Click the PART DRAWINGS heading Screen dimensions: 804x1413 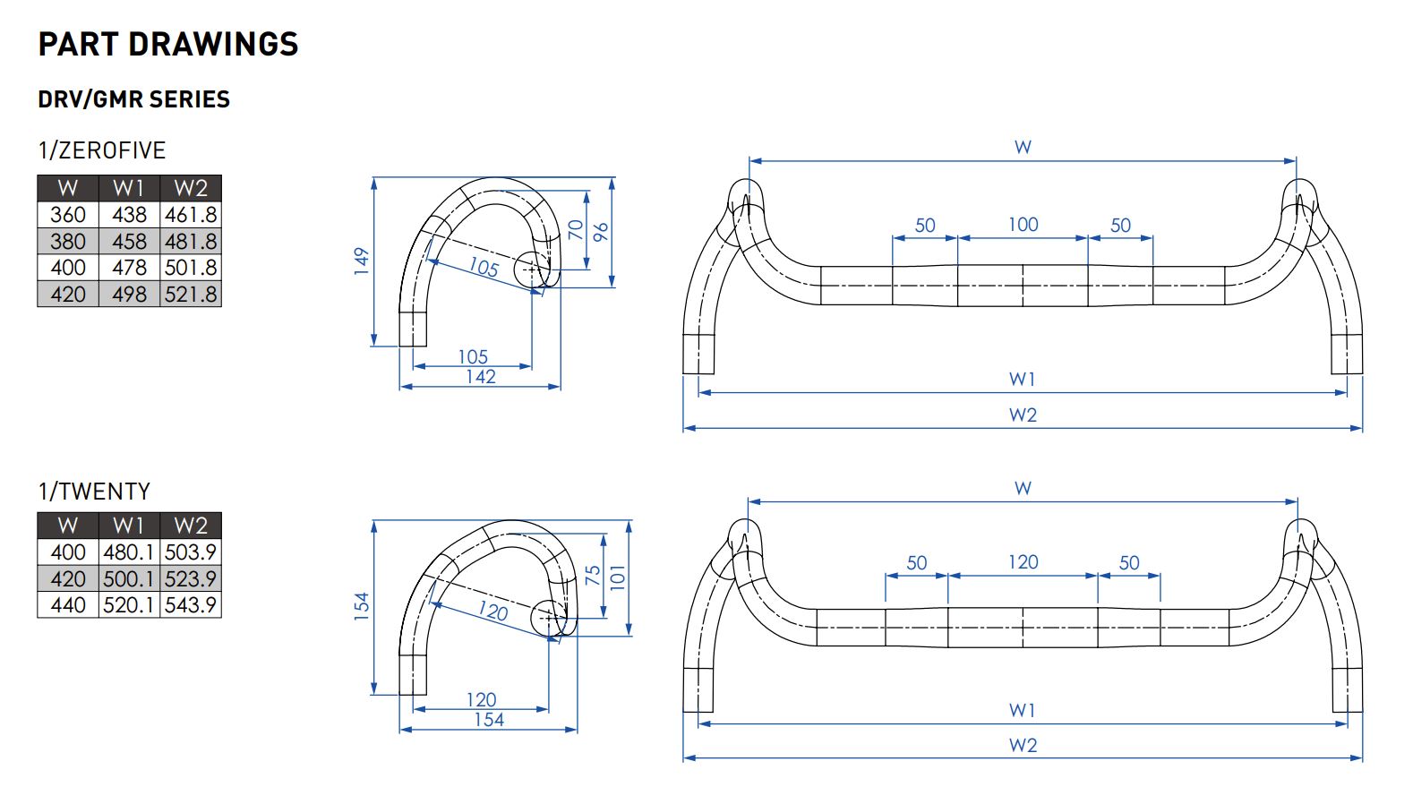(168, 45)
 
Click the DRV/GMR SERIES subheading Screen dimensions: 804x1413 (133, 99)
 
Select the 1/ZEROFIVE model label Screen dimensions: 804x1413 (102, 150)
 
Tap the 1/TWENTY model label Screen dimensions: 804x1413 (94, 492)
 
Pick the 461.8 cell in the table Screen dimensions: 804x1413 (191, 215)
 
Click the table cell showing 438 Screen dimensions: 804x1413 (129, 215)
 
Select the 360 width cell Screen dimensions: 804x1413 (68, 215)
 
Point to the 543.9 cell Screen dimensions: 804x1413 (191, 605)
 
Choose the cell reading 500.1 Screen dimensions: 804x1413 (129, 579)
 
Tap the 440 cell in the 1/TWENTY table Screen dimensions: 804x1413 (68, 605)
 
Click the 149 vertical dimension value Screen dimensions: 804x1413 (362, 261)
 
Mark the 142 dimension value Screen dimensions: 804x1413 (481, 377)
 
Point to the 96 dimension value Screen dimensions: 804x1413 (601, 231)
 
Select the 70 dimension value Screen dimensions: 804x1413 (576, 230)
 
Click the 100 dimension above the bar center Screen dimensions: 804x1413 (1023, 225)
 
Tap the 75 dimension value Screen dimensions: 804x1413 (593, 576)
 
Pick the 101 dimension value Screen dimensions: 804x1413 (618, 576)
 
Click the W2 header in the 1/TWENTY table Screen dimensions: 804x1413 (191, 526)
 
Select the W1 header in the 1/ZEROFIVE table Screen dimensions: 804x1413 (129, 188)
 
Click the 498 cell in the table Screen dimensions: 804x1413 (129, 295)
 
